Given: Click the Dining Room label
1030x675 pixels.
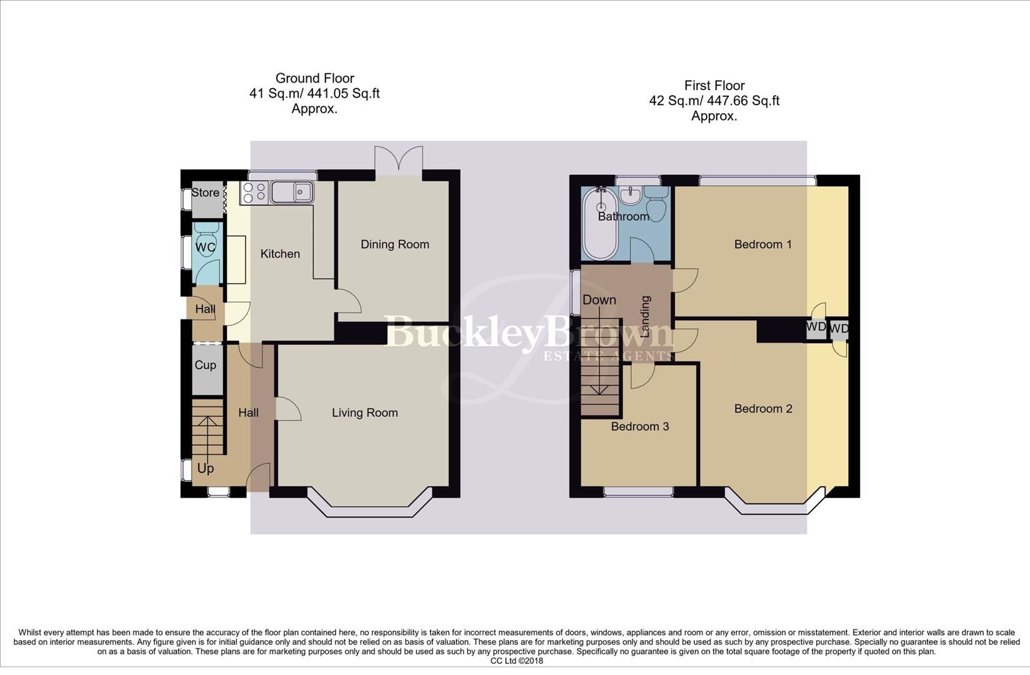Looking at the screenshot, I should pyautogui.click(x=394, y=244).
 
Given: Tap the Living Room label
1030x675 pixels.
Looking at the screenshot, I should pyautogui.click(x=364, y=412).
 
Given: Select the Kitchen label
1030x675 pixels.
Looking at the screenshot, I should pyautogui.click(x=280, y=254).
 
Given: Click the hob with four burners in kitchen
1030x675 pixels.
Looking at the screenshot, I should pyautogui.click(x=254, y=192).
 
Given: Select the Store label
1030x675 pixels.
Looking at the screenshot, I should pyautogui.click(x=205, y=192).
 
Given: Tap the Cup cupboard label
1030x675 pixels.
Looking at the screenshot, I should pyautogui.click(x=205, y=365).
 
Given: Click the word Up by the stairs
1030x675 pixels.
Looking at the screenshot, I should pyautogui.click(x=205, y=468).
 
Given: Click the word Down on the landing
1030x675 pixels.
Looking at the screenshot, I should pyautogui.click(x=599, y=300).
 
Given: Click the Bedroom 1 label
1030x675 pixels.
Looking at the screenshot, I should pyautogui.click(x=762, y=244).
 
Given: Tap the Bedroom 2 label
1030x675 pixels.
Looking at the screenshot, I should pyautogui.click(x=762, y=409).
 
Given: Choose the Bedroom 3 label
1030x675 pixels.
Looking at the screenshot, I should pyautogui.click(x=639, y=426).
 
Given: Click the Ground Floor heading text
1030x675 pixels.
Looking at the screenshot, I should pyautogui.click(x=314, y=78).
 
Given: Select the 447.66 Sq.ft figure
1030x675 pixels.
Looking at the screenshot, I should pyautogui.click(x=743, y=101).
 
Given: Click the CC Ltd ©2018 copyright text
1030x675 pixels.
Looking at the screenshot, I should pyautogui.click(x=516, y=661).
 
